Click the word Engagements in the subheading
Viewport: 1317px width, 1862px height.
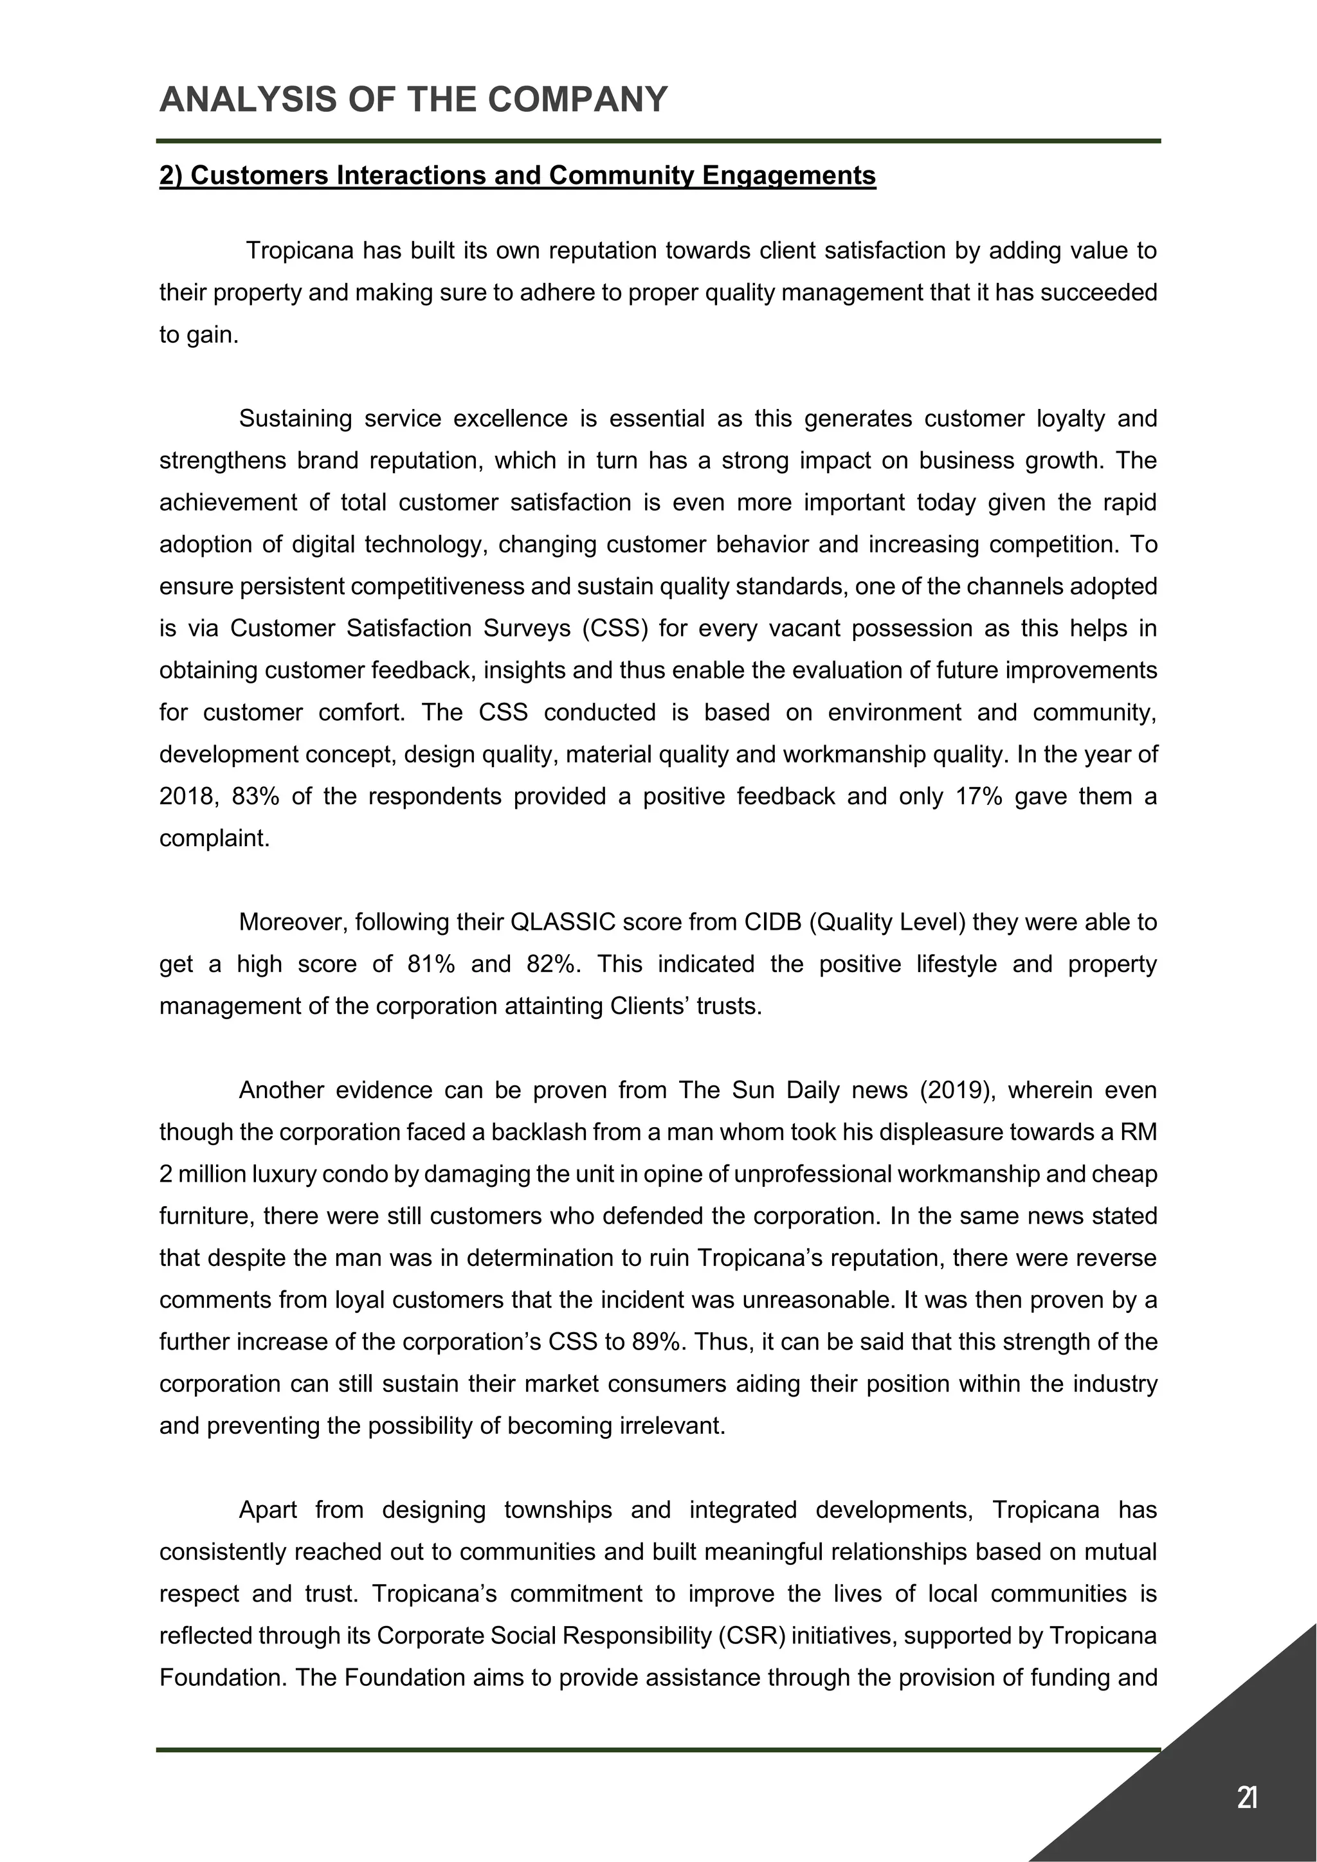coord(788,176)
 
